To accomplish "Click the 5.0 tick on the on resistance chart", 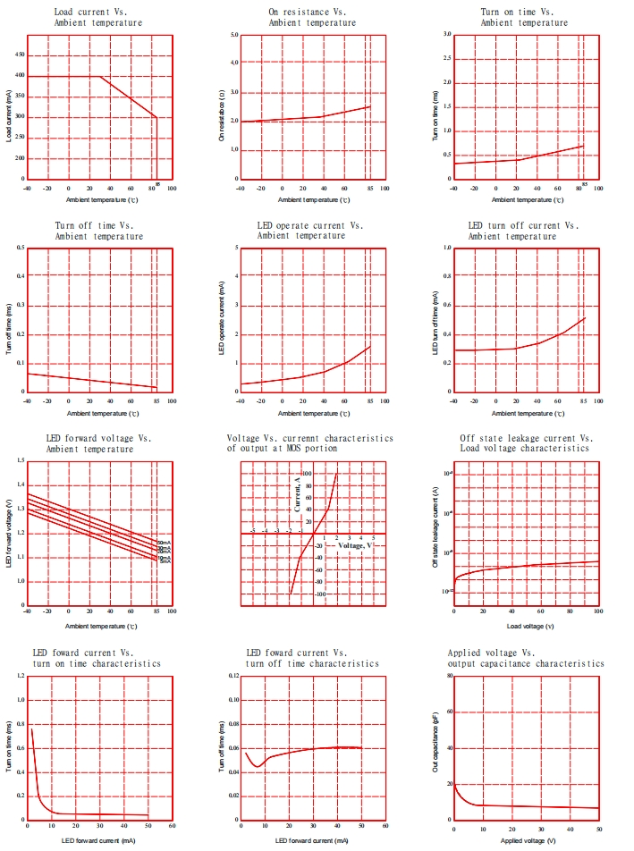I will pos(233,35).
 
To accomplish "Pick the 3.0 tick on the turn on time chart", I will pos(446,35).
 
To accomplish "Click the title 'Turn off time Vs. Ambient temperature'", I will pos(98,231).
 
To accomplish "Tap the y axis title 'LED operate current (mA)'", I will pos(221,320).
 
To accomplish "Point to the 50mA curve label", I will pos(164,543).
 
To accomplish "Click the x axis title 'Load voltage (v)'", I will pos(524,626).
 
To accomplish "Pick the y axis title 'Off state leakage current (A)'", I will pos(435,530).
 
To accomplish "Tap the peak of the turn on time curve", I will pos(31,729).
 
